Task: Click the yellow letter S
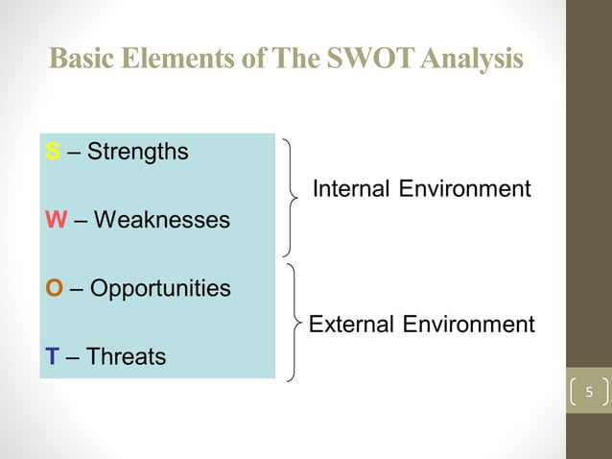point(52,152)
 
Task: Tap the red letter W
point(55,221)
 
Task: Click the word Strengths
point(137,152)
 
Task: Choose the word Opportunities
point(161,289)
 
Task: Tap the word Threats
point(126,357)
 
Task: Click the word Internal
point(351,188)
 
